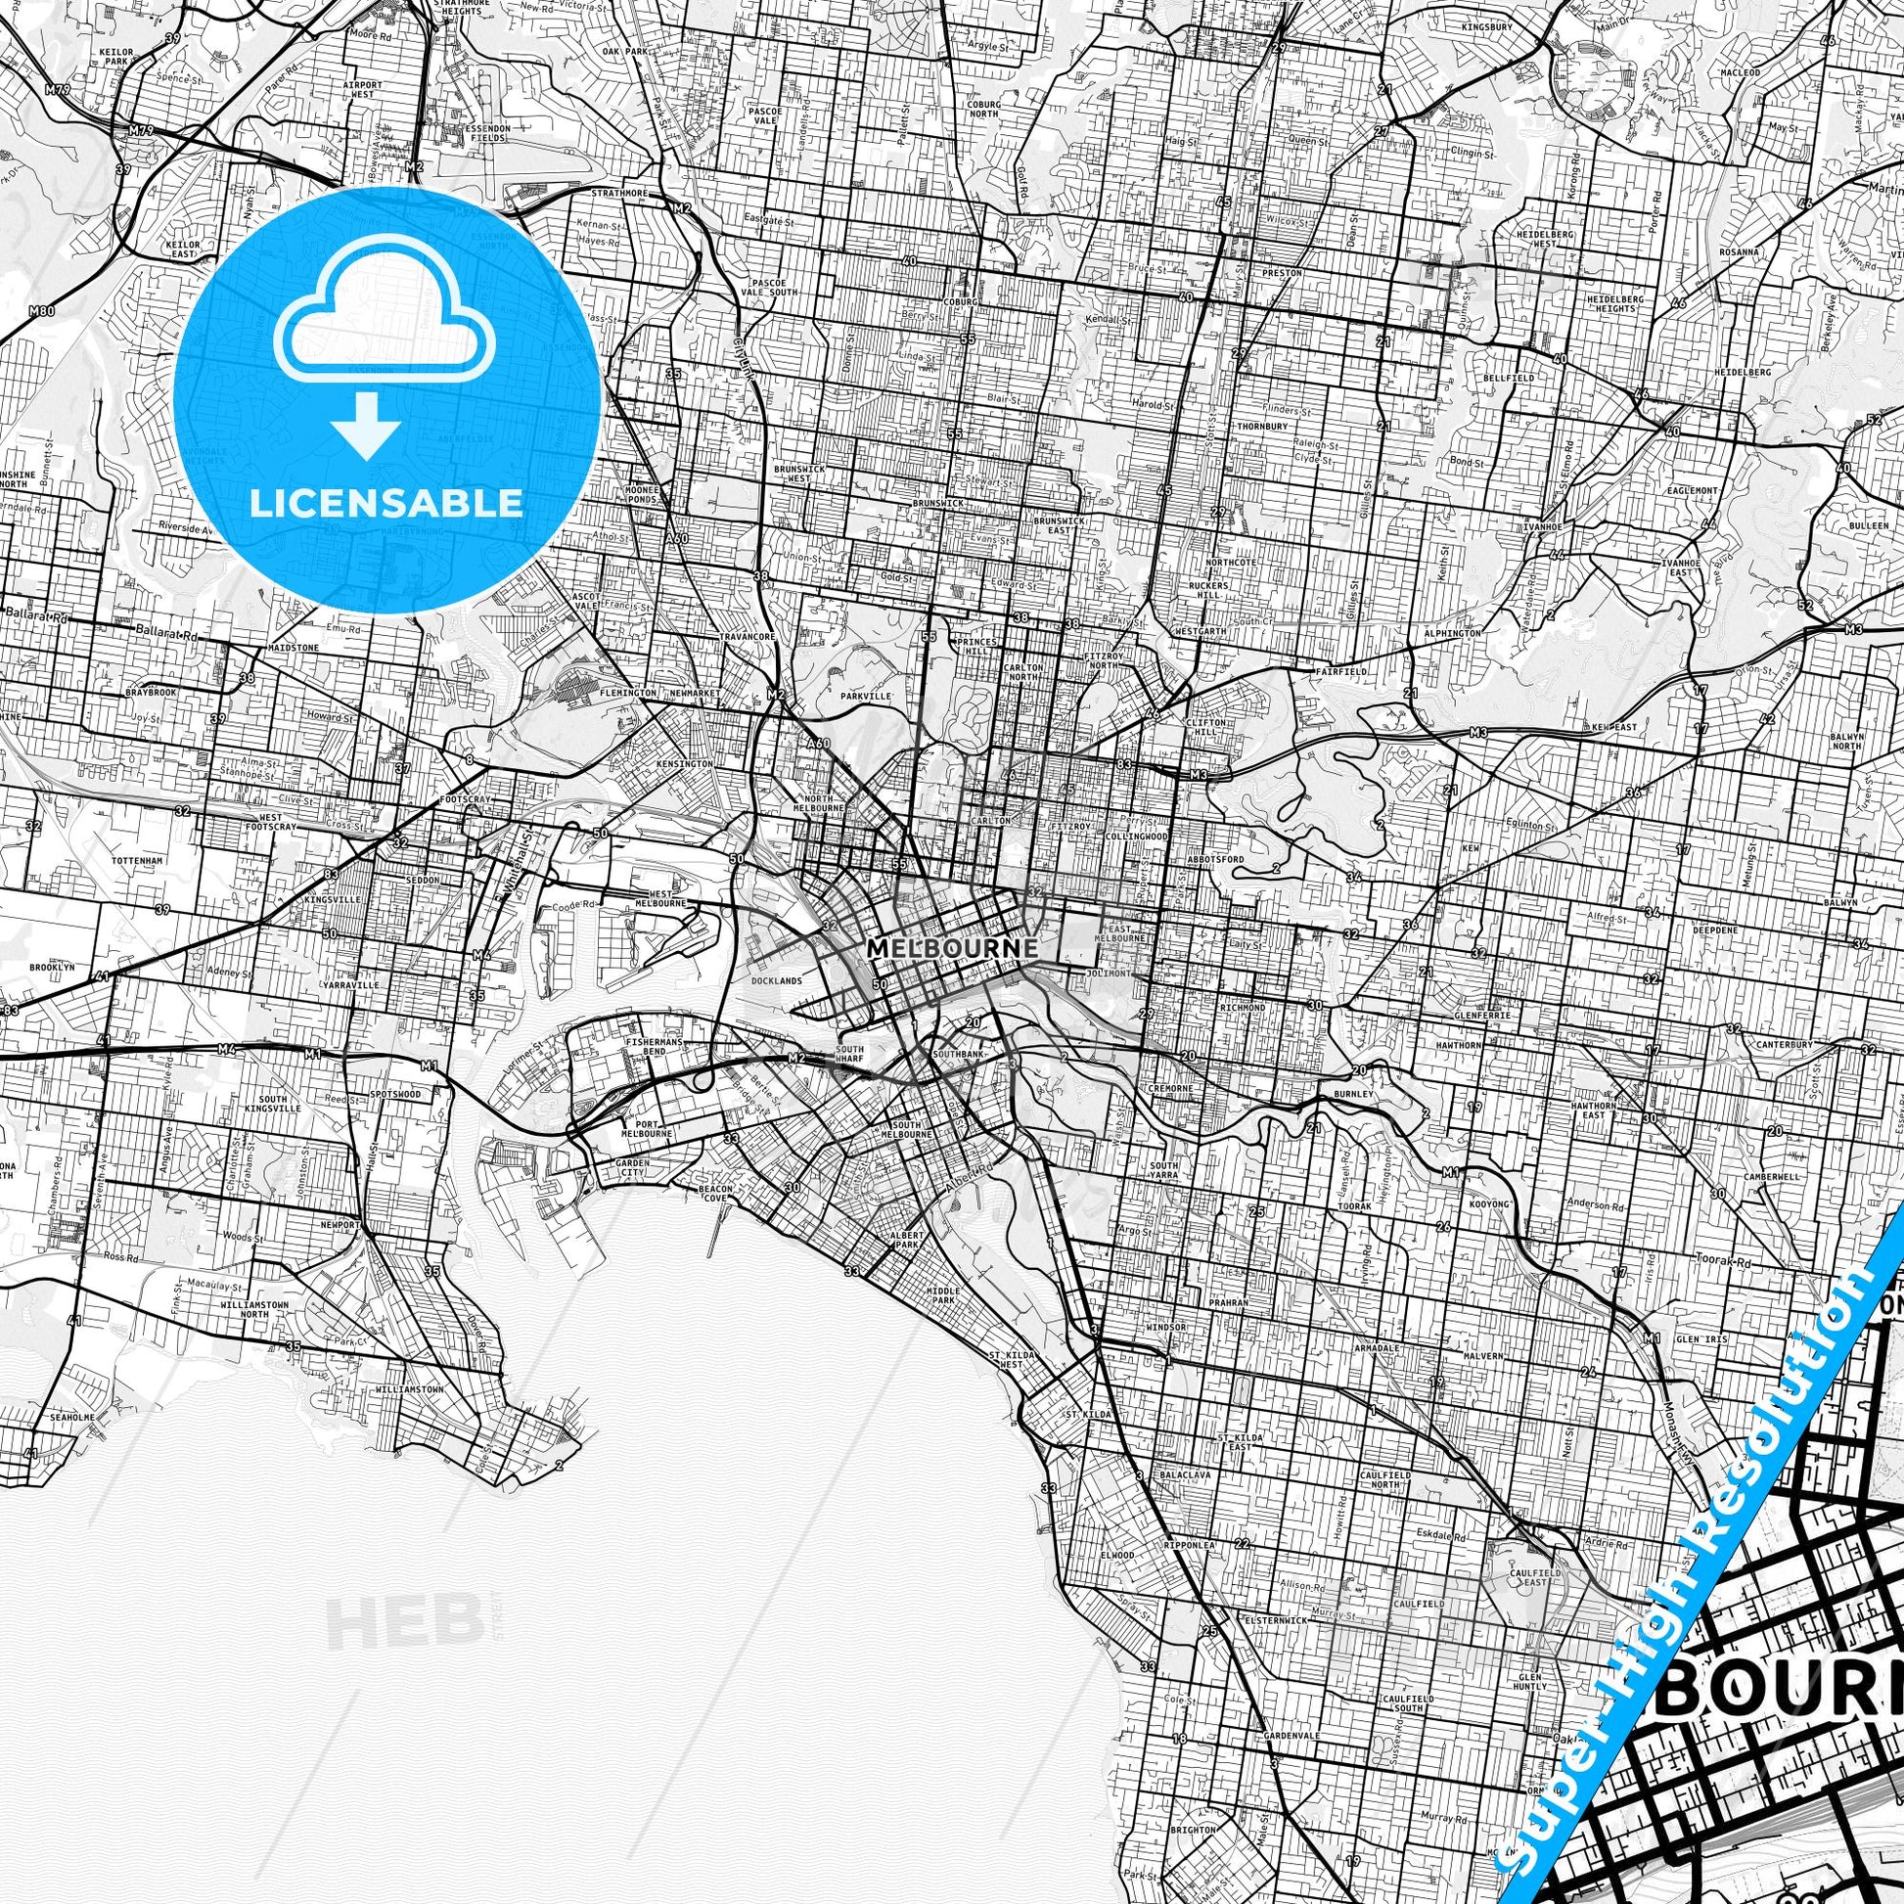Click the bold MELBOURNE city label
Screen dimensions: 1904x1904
952,947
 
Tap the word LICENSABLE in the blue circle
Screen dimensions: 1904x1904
386,503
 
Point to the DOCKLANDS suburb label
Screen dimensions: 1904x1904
777,980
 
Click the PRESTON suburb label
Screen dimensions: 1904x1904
1281,273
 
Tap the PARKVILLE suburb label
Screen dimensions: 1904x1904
865,696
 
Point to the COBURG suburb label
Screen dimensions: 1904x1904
959,301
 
